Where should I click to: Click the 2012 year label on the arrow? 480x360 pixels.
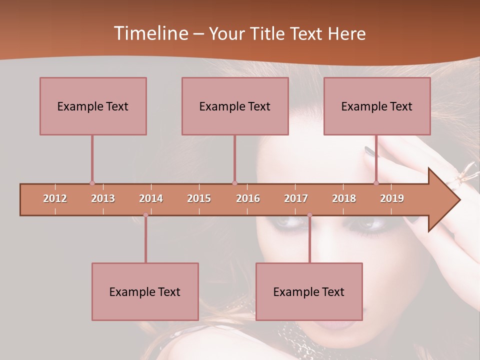point(55,198)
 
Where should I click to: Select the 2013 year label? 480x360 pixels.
point(103,198)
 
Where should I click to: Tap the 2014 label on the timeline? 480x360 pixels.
point(151,198)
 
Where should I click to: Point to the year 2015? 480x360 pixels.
point(199,198)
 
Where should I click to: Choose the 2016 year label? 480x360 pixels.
point(248,198)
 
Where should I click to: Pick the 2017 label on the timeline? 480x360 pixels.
point(296,198)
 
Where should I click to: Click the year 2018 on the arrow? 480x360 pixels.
point(344,198)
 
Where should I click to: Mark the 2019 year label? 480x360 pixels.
point(392,198)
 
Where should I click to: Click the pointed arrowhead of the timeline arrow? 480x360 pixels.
point(445,200)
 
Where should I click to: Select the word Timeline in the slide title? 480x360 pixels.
point(150,33)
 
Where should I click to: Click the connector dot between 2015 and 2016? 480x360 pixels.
point(235,183)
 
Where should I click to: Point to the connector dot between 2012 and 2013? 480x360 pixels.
point(92,183)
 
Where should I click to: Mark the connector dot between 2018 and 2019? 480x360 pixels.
point(376,183)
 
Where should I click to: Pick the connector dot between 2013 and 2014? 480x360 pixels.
point(145,215)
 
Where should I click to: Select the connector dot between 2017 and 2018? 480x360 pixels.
point(309,215)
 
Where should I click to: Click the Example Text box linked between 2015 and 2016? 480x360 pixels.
point(235,106)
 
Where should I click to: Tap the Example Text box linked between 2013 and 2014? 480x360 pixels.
point(145,291)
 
